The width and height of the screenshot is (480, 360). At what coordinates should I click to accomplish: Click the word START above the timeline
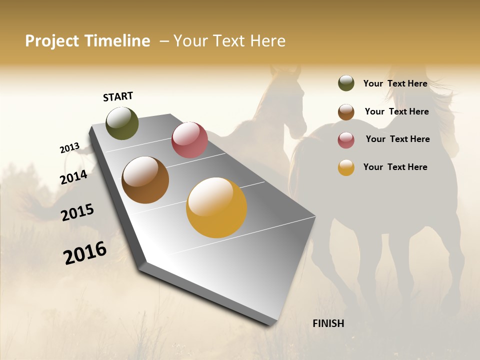point(118,96)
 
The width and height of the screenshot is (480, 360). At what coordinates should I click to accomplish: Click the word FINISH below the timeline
point(328,323)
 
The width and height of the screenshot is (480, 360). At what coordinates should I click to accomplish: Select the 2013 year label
point(69,147)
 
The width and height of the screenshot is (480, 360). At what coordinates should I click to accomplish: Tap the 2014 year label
point(73,177)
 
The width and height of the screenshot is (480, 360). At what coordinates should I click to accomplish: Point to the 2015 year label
point(77,212)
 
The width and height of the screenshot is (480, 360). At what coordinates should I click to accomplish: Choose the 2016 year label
point(85,253)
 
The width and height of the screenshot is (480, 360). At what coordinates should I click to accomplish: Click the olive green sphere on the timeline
point(122,123)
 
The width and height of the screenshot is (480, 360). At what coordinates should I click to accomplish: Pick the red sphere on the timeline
point(189,140)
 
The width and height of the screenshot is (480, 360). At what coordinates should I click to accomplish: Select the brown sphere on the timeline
point(145,180)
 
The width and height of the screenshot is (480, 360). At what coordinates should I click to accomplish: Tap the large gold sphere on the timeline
point(216,207)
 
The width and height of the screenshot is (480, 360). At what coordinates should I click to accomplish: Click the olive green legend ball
point(346,83)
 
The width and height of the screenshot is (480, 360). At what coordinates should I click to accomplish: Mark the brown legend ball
point(346,112)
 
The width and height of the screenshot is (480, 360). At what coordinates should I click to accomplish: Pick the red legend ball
point(346,140)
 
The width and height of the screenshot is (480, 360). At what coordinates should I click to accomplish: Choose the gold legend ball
point(346,167)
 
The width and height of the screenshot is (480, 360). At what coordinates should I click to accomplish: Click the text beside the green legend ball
point(395,83)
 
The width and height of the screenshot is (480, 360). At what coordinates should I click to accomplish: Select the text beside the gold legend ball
point(395,167)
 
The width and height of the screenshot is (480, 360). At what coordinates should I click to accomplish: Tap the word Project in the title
point(52,41)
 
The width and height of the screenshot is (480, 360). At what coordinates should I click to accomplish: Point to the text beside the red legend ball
point(397,139)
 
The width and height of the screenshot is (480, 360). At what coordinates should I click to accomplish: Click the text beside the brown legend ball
point(396,111)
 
